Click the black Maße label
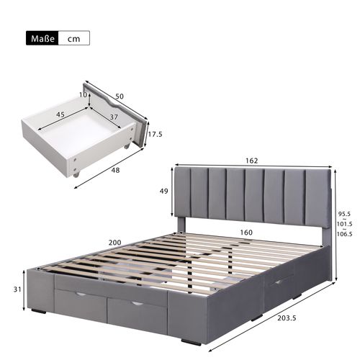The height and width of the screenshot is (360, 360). pos(42,37)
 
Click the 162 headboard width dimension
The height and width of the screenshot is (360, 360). pos(251,161)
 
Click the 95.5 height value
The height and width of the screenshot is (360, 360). pos(346,214)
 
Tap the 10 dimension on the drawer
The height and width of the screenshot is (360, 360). pos(84,94)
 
